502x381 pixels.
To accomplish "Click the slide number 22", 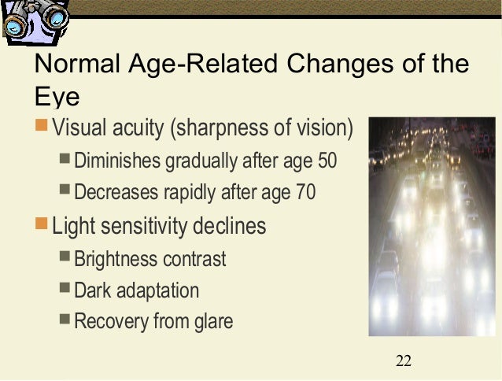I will (x=404, y=361).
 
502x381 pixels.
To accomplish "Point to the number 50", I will (x=326, y=161).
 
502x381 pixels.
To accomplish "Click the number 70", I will (x=305, y=192).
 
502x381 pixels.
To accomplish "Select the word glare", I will (x=213, y=321).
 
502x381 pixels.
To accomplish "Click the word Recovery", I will (x=108, y=321).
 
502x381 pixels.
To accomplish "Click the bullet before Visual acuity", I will (x=42, y=126).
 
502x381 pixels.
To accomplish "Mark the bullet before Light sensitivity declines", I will (x=42, y=226).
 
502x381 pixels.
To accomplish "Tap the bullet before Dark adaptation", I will (x=65, y=289).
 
